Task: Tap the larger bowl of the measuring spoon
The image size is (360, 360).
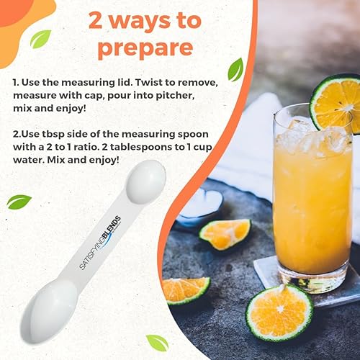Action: [x=48, y=307]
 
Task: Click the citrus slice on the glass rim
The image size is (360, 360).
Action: [x=336, y=102]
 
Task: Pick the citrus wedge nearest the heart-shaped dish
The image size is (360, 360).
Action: [x=225, y=233]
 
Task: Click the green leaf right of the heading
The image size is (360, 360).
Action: [x=235, y=69]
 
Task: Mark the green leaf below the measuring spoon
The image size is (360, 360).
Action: [x=156, y=343]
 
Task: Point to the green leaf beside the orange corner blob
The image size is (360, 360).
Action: [x=40, y=38]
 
